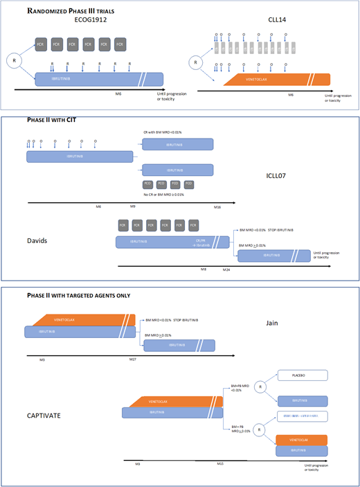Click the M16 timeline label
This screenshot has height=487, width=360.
217,207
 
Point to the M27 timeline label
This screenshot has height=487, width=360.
133,360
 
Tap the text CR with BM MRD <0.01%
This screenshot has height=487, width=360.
163,131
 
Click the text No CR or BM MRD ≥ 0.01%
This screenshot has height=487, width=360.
165,195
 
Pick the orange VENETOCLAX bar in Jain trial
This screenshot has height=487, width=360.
83,320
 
